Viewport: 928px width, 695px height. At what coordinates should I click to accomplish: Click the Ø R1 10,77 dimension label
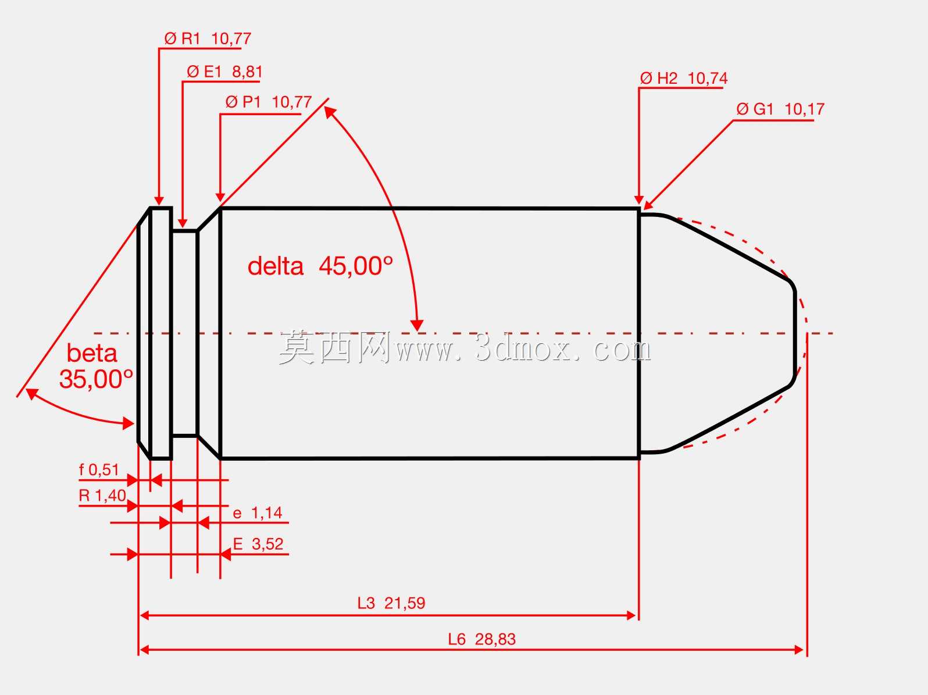point(208,39)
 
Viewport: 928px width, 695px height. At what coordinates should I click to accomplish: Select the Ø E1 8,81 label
point(224,72)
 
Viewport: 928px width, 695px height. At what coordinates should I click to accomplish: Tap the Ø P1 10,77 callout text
point(269,102)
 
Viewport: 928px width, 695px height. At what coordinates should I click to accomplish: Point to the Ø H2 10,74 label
point(684,78)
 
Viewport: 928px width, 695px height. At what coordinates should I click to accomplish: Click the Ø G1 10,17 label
point(780,109)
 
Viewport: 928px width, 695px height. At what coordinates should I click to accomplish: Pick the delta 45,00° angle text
point(320,266)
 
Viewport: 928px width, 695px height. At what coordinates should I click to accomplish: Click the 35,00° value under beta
point(96,379)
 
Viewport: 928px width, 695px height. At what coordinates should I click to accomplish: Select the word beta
point(92,354)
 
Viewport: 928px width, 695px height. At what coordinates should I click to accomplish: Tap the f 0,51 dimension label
point(99,470)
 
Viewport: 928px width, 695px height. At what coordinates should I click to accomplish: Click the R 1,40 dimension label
point(102,496)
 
